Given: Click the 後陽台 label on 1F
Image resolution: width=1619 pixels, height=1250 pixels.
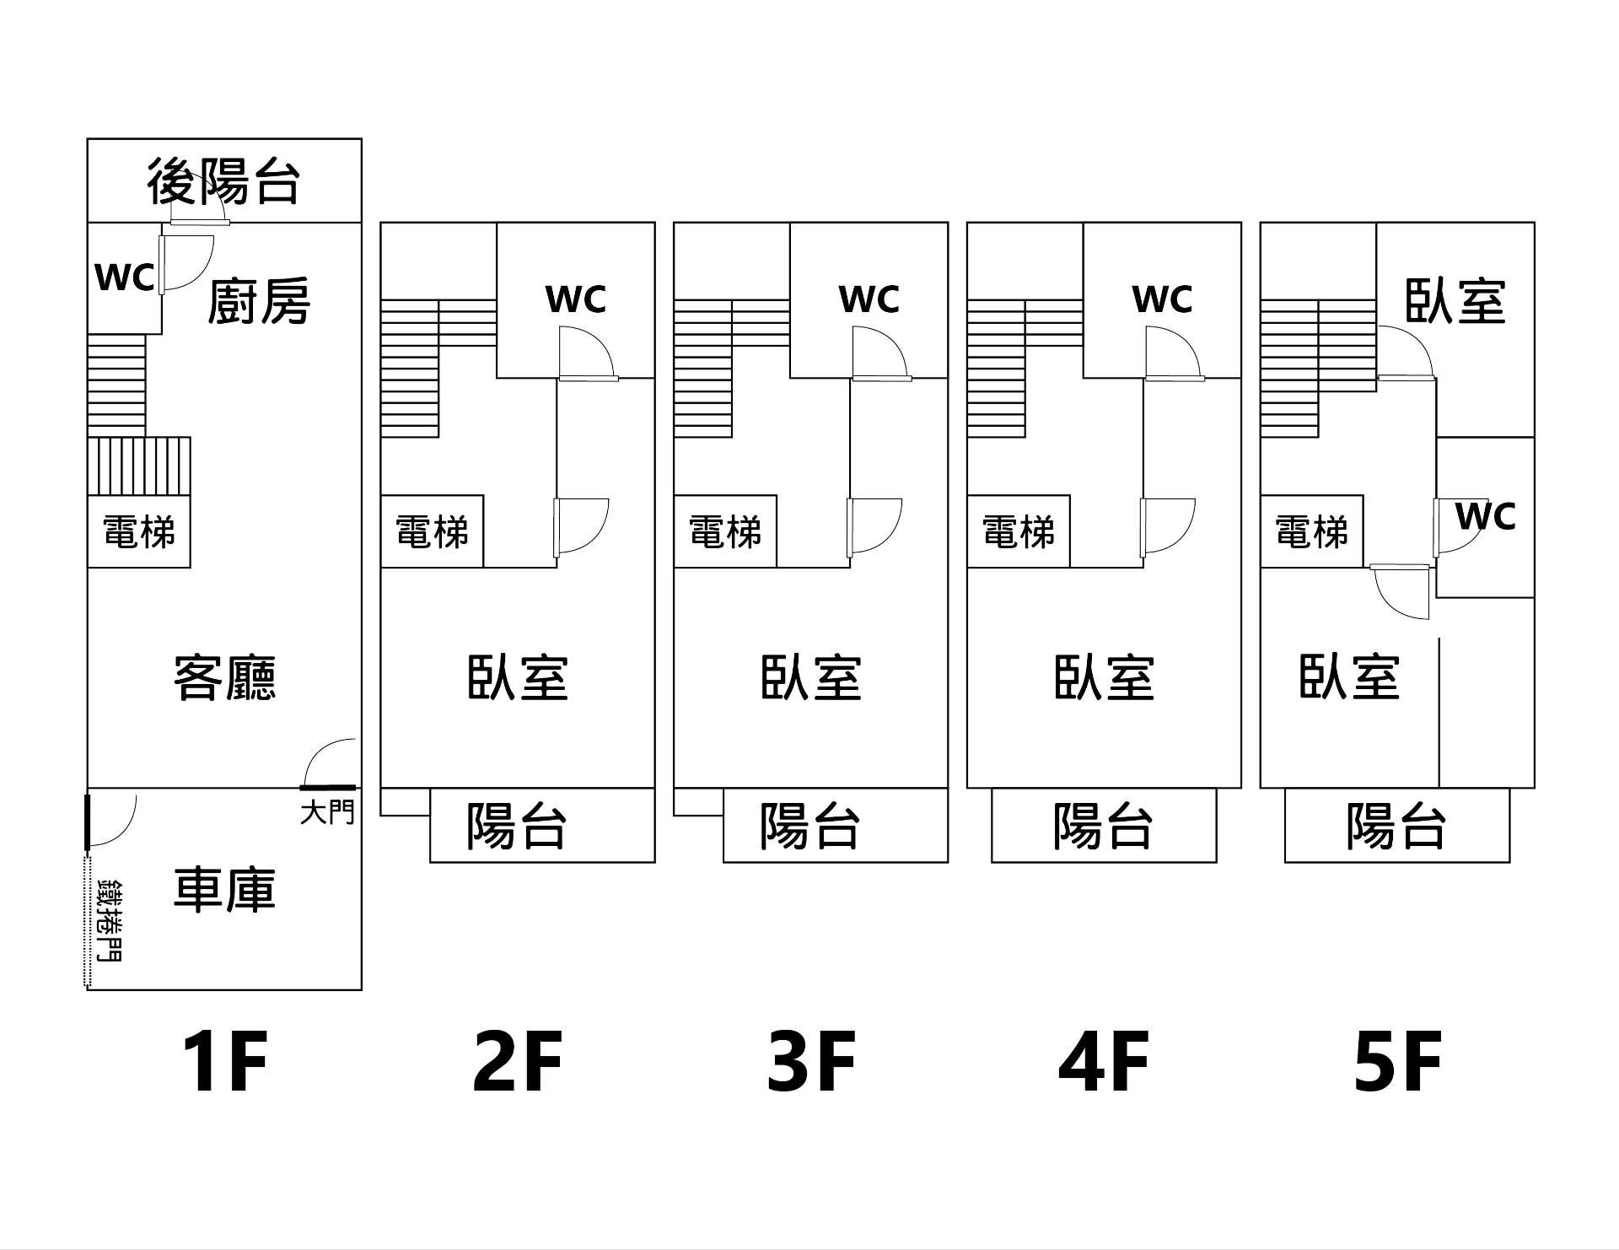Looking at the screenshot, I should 223,181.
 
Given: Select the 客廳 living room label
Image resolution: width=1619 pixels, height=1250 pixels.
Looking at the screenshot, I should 224,677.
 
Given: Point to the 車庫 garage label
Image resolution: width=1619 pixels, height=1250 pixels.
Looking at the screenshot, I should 224,889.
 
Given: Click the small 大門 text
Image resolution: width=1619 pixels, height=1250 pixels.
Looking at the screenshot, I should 327,813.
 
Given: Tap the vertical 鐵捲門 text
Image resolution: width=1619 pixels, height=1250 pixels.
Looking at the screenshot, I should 110,919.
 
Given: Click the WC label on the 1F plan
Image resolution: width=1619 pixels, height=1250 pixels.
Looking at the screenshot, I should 125,277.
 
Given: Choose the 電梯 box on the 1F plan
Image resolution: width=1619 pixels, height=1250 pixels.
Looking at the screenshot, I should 139,532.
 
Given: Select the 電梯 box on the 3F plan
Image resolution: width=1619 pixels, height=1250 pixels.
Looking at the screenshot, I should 725,532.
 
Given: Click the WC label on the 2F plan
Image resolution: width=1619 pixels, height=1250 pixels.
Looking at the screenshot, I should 576,299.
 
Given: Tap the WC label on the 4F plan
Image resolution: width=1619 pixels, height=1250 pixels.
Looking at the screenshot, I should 1162,299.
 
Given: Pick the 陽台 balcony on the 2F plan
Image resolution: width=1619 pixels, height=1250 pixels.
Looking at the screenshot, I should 517,825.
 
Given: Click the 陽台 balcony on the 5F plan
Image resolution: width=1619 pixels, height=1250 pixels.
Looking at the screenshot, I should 1396,825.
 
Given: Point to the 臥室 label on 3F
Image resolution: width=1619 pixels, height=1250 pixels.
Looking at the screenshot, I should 811,677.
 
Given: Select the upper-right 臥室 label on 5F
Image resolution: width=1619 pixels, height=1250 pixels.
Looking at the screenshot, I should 1455,301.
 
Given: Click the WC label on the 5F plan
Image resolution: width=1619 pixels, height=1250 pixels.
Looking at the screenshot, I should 1486,516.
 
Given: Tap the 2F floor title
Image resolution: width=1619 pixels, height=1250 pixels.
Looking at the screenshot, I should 517,1062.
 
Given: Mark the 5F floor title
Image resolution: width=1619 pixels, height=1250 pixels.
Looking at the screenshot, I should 1397,1062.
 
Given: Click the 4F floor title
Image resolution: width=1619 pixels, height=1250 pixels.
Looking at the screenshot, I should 1104,1062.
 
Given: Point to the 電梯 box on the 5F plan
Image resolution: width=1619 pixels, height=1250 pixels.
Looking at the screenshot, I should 1311,532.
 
